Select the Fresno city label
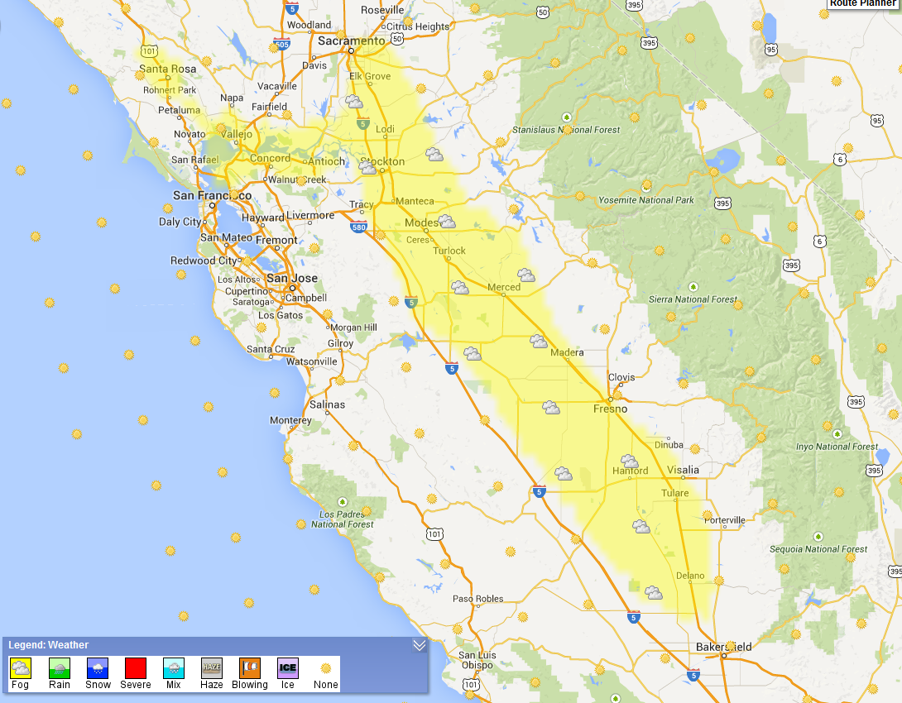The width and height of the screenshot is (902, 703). click(x=610, y=409)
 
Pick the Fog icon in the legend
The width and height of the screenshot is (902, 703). click(x=20, y=667)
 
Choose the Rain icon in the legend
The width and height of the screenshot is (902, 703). click(x=60, y=667)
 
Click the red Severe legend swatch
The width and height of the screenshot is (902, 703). click(x=136, y=667)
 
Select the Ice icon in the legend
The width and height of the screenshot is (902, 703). click(x=287, y=667)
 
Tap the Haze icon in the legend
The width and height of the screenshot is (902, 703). click(x=212, y=667)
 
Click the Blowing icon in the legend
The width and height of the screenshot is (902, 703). click(x=250, y=667)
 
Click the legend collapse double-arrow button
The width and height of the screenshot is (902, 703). click(x=419, y=645)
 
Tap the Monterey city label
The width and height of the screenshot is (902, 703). click(x=291, y=420)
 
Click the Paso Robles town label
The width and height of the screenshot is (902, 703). click(x=477, y=599)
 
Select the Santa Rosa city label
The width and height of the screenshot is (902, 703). click(x=165, y=69)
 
